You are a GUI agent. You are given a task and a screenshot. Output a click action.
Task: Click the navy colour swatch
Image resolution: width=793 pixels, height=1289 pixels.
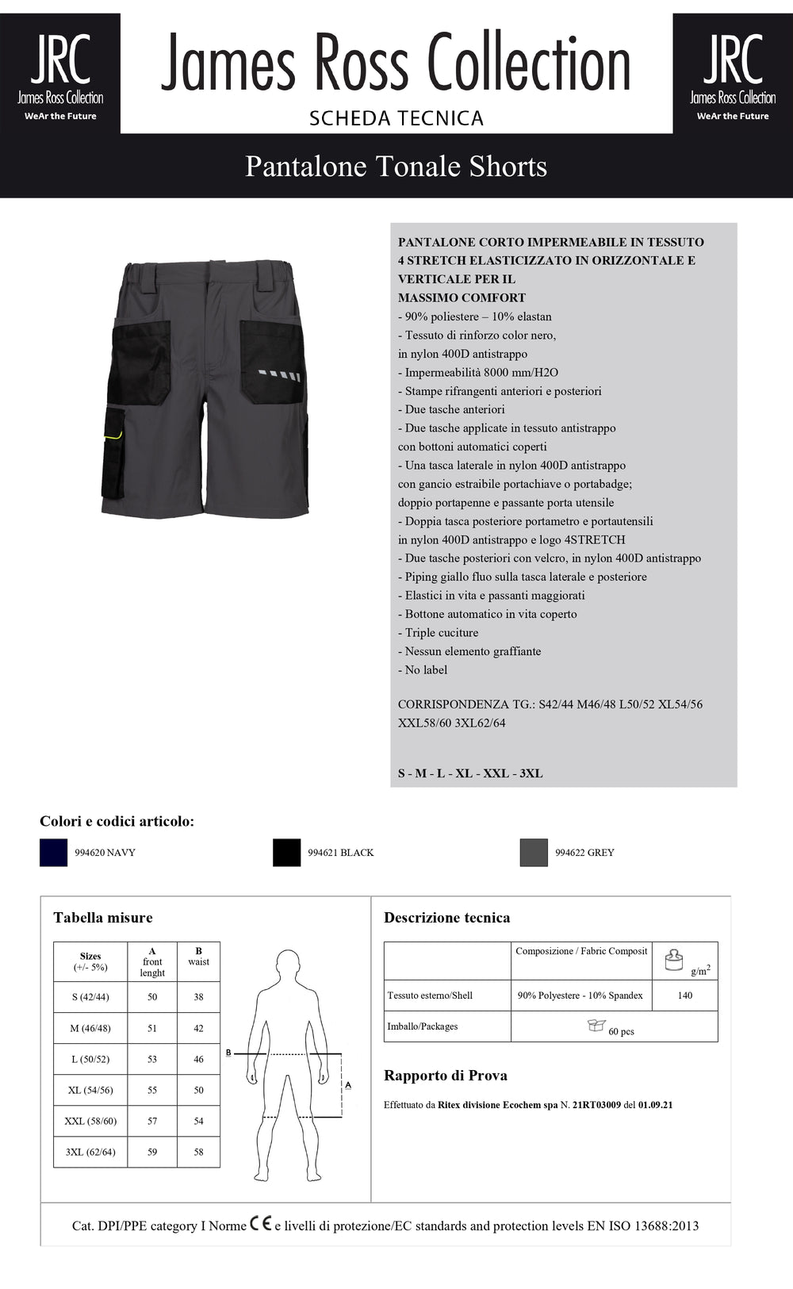coord(53,853)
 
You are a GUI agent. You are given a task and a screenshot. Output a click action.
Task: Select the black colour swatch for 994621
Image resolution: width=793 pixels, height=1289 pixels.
coord(286,853)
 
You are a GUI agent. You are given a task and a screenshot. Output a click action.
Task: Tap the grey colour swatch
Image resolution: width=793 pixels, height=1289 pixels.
coord(534,853)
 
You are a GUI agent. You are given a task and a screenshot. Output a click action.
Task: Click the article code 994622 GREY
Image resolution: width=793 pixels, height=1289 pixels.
coord(584,853)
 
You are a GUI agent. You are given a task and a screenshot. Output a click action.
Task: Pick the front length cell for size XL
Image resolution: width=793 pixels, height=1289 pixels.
coord(152,1090)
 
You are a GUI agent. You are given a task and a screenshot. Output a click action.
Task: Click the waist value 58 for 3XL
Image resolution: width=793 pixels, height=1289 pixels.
coord(198,1152)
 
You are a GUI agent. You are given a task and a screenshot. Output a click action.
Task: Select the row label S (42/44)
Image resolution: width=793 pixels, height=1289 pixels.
coord(90,997)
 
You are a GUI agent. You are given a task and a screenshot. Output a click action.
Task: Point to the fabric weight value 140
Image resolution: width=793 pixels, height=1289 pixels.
coord(685,996)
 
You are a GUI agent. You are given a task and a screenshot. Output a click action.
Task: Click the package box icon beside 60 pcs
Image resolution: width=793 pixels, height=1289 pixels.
coord(596,1026)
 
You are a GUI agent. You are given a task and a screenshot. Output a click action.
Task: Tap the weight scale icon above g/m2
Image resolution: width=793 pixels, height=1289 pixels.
coord(673,960)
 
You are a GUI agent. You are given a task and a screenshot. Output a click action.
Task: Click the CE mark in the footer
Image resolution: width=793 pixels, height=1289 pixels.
coord(261,1224)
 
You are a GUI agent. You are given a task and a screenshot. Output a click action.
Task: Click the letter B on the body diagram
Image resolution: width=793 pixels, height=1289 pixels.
coord(228,1053)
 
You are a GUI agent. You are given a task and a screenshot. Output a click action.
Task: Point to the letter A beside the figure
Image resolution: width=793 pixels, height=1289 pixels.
coord(348,1084)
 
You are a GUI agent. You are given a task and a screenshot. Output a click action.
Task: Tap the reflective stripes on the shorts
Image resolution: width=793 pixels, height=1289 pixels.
coord(279,375)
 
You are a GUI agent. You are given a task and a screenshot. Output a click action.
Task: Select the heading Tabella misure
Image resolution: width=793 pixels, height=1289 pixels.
coord(103,918)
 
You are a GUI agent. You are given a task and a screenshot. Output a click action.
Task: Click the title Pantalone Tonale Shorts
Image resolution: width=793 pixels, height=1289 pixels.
coord(396,167)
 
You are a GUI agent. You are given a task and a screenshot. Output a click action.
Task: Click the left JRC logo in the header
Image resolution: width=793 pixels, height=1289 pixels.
coord(60,73)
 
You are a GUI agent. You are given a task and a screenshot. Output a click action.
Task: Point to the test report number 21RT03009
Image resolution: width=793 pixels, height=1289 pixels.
coord(596,1105)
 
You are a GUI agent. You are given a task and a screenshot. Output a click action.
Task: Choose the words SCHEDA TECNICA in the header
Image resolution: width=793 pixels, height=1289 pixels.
coord(396,118)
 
